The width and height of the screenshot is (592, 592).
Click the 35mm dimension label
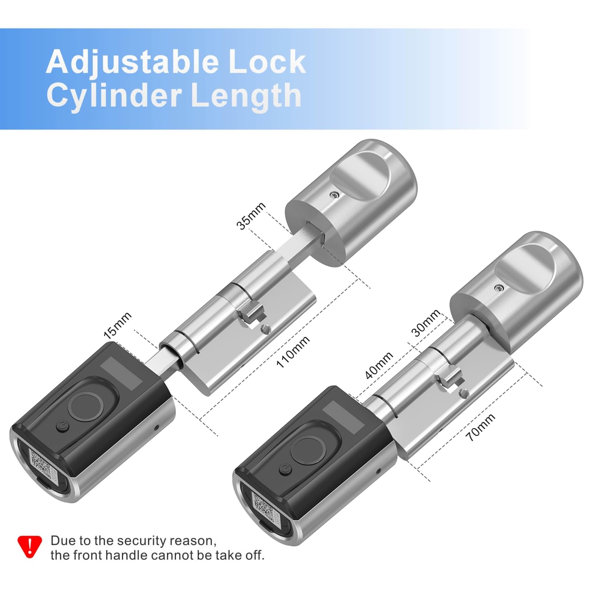251,216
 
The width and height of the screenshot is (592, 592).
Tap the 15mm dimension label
117,326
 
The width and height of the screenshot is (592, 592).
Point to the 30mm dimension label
425,323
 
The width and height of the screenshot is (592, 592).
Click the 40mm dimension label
379,366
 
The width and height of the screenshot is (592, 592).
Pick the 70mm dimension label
480,427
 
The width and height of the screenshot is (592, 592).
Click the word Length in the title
246,95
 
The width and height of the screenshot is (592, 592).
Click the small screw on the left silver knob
334,194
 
